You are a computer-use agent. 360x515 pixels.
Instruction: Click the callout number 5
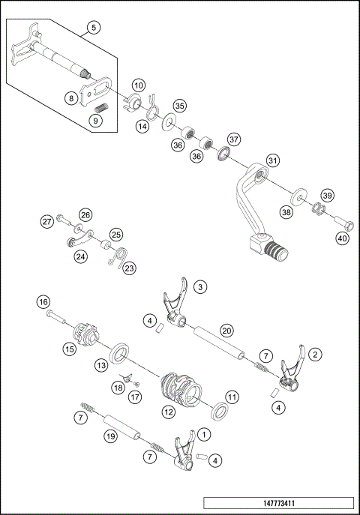click(x=93, y=28)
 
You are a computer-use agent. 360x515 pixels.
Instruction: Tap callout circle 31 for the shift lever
click(x=273, y=160)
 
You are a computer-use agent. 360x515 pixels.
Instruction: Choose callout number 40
click(x=342, y=238)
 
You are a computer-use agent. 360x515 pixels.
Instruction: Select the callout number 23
click(x=130, y=268)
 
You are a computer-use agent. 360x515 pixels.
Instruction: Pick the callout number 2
click(x=316, y=353)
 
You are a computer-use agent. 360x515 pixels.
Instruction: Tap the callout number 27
click(x=47, y=221)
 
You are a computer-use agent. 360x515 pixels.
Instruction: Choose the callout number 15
click(x=70, y=349)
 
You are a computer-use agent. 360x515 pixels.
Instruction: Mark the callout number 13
click(x=100, y=365)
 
